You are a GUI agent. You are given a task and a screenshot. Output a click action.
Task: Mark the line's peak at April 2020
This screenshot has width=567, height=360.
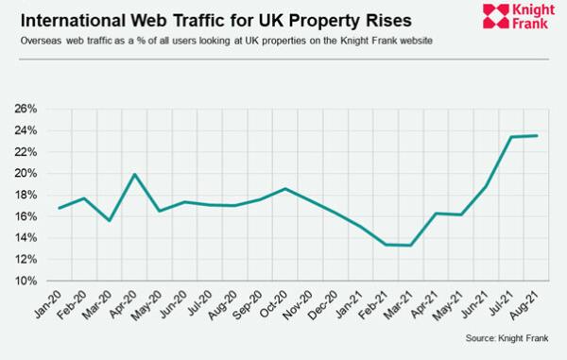pyautogui.click(x=135, y=174)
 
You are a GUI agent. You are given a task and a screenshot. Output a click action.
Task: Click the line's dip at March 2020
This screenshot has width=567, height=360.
pyautogui.click(x=110, y=221)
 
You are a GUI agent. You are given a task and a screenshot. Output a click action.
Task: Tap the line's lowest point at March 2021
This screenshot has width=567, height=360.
pyautogui.click(x=410, y=246)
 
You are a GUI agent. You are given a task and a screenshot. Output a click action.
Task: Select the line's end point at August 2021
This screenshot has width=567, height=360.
pyautogui.click(x=537, y=135)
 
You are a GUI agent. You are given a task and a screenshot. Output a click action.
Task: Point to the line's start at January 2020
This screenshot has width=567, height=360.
pyautogui.click(x=59, y=208)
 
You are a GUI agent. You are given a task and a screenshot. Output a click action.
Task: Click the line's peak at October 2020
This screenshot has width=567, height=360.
pyautogui.click(x=285, y=189)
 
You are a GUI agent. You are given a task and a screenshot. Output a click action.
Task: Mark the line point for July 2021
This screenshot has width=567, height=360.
pyautogui.click(x=511, y=136)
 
